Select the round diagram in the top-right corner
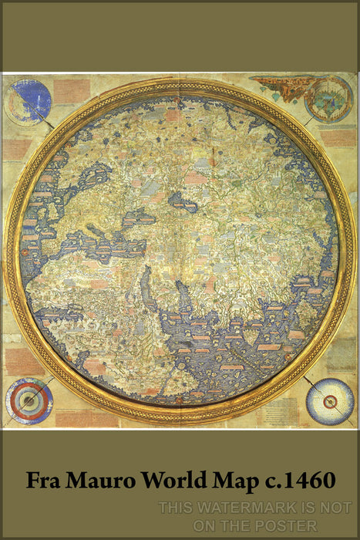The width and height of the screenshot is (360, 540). click(329, 99)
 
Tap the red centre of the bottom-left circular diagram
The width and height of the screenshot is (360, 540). click(29, 401)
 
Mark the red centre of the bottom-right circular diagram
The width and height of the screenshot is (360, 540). click(330, 401)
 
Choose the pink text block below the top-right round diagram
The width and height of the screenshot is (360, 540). click(338, 137)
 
